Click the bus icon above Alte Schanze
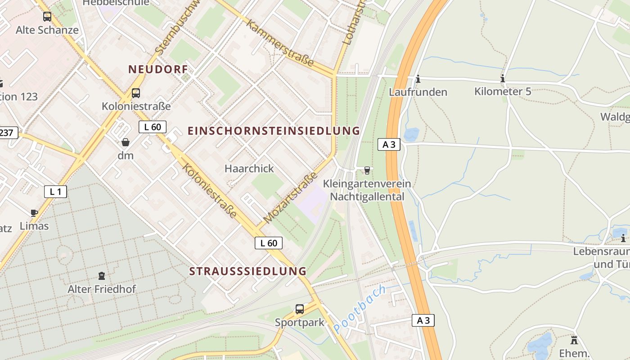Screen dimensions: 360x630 click(x=47, y=17)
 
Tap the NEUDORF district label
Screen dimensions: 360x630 click(x=157, y=69)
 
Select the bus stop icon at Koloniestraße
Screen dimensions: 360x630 click(x=135, y=93)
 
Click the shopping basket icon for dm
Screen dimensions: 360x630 click(x=126, y=142)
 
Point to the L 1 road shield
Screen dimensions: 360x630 click(x=55, y=192)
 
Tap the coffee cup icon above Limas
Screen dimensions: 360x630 click(x=34, y=213)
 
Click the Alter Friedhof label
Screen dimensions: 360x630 click(x=102, y=289)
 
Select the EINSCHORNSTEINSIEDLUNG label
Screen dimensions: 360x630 click(x=274, y=131)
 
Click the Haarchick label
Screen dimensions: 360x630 click(x=249, y=168)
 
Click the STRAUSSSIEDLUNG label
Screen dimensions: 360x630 click(x=247, y=271)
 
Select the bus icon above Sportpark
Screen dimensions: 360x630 click(x=300, y=309)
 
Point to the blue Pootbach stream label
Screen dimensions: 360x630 click(x=360, y=310)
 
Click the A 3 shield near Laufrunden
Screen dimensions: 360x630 click(x=389, y=144)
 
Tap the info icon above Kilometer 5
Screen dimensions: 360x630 click(x=503, y=79)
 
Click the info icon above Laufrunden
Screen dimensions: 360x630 click(x=418, y=79)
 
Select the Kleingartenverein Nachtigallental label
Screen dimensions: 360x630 click(x=367, y=190)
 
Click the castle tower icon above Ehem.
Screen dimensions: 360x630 click(x=574, y=340)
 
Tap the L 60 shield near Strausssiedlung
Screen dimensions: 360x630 click(x=269, y=243)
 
